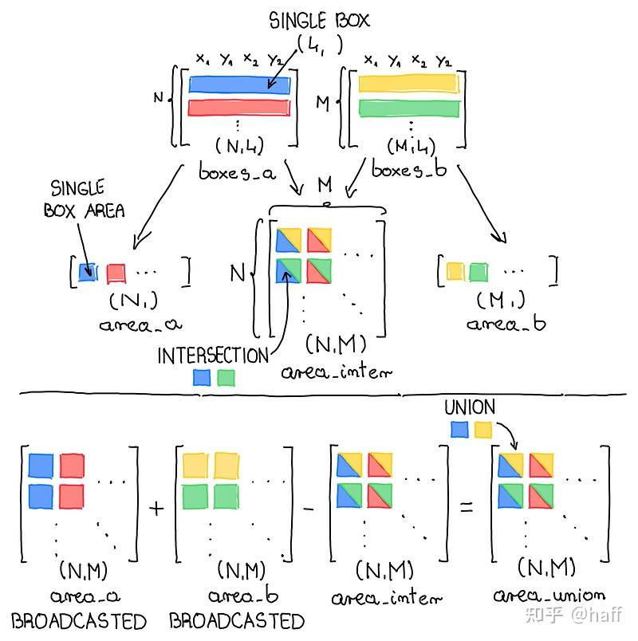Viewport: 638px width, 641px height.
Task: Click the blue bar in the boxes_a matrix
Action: (x=239, y=85)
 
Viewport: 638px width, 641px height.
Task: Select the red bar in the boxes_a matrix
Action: (x=239, y=108)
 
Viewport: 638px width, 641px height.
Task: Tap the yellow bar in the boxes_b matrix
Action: (x=409, y=84)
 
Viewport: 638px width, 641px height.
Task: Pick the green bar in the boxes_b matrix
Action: (x=409, y=108)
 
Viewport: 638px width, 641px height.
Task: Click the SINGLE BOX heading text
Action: (x=319, y=21)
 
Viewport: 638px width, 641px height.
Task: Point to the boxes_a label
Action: (x=237, y=171)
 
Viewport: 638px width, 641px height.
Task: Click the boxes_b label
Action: (x=409, y=169)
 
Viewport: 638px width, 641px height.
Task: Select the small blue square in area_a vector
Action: (x=88, y=271)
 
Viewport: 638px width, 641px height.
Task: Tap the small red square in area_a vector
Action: (x=116, y=273)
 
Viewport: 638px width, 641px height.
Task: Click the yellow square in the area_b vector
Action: (x=455, y=271)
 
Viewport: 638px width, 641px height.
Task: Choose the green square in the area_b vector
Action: (x=478, y=272)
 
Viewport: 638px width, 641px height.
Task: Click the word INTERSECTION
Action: (x=213, y=356)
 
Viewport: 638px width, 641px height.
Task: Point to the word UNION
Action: (x=470, y=407)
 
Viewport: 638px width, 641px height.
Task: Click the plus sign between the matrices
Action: (x=156, y=509)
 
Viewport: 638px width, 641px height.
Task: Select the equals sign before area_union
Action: (x=467, y=508)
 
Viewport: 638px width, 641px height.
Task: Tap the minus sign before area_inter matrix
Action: (x=309, y=509)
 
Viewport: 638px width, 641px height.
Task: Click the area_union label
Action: (x=549, y=596)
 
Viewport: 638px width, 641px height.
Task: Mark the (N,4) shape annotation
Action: (x=240, y=145)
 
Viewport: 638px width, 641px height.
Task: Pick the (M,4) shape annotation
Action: (x=411, y=147)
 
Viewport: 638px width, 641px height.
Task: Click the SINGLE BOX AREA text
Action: (x=84, y=199)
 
